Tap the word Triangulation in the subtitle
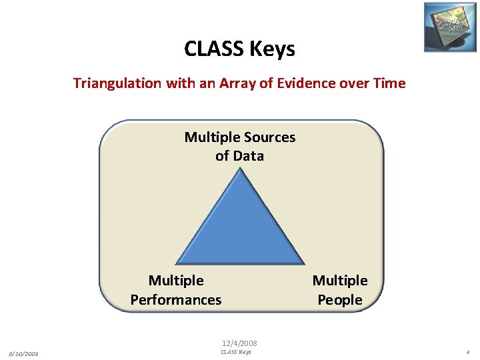pyautogui.click(x=117, y=83)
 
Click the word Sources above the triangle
pyautogui.click(x=268, y=137)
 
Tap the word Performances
pyautogui.click(x=176, y=300)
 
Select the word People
pyautogui.click(x=340, y=300)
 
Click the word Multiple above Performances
pyautogui.click(x=176, y=281)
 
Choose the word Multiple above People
pyautogui.click(x=340, y=281)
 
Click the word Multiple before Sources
pyautogui.click(x=211, y=137)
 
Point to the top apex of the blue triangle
pyautogui.click(x=240, y=169)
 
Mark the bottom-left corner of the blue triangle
pyautogui.click(x=176, y=264)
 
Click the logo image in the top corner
pyautogui.click(x=450, y=27)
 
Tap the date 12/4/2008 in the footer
pyautogui.click(x=240, y=343)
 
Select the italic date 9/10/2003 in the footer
pyautogui.click(x=23, y=353)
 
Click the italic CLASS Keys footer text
pyautogui.click(x=236, y=352)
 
